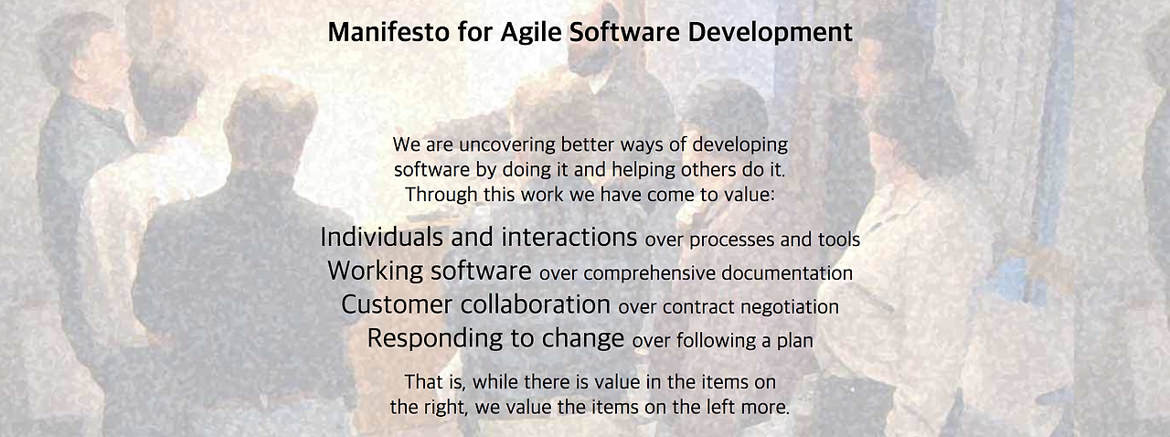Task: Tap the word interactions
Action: (568, 238)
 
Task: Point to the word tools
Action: (838, 240)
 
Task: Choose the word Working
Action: (376, 272)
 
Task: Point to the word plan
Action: (794, 342)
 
